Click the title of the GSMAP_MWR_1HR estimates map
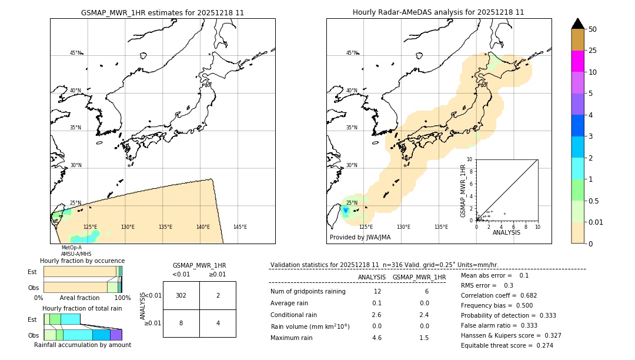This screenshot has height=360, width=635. pos(162,12)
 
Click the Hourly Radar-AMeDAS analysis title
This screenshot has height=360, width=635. pos(438,12)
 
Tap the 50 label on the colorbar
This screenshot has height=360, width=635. pos(593,29)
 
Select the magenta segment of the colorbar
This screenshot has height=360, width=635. pos(577,61)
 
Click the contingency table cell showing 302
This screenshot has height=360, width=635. pos(181,295)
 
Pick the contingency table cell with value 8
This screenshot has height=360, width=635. pos(181,323)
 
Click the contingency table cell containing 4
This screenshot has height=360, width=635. pos(218,323)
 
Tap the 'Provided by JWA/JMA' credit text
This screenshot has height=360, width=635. pos(360,238)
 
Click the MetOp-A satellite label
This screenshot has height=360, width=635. pos(71,248)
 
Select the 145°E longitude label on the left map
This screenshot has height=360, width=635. pos(240,227)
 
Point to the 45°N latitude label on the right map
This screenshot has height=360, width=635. pos(352,53)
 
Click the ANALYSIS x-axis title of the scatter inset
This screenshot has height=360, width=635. pos(506,232)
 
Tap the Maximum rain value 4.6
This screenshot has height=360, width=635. pos(377,338)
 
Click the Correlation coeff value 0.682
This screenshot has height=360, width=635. pos(529,295)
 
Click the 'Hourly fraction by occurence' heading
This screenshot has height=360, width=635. pos(82,261)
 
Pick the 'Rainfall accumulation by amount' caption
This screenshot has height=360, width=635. pos(82,345)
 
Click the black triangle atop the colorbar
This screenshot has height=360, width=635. pos(577,24)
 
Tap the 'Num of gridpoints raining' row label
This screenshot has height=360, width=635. pos(308,292)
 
